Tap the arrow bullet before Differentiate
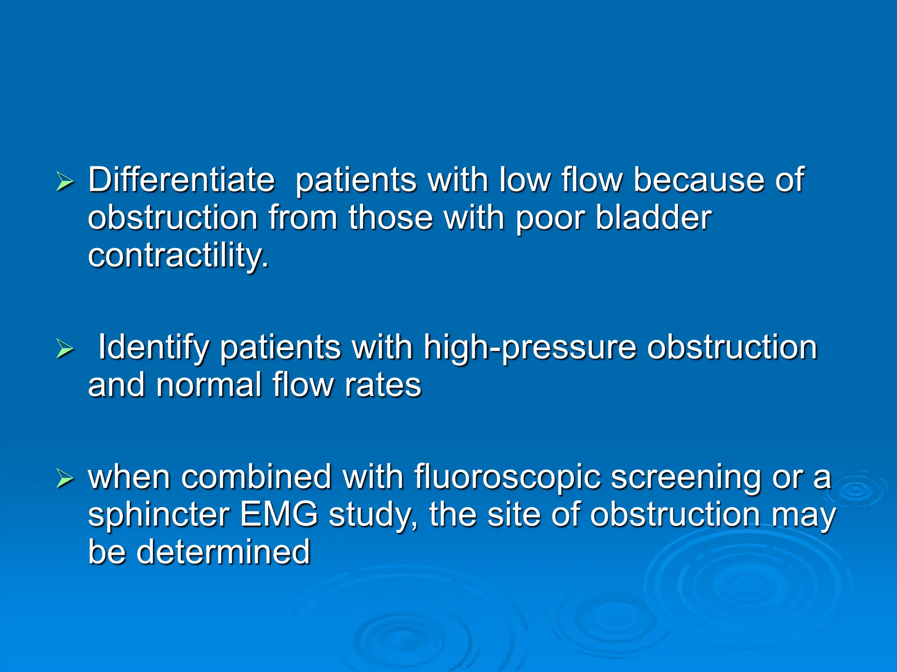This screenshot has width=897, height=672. coord(65,182)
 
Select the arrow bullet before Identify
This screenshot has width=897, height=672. coord(65,350)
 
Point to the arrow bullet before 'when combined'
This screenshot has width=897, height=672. coord(65,479)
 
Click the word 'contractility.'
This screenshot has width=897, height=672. coord(178,256)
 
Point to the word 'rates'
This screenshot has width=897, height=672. coord(383,385)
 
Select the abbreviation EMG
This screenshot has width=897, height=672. coord(279,514)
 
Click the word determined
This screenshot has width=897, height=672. coord(223,552)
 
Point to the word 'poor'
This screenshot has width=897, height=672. coord(550,218)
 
